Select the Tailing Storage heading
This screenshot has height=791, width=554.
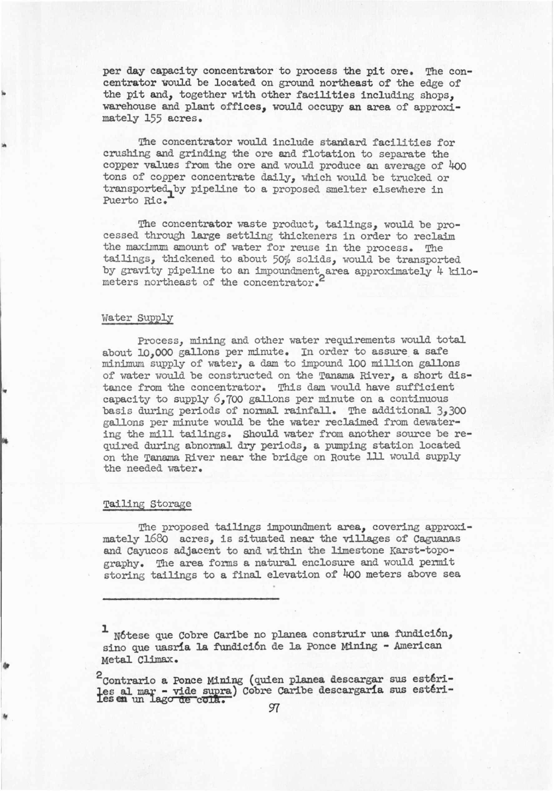point(147,504)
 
